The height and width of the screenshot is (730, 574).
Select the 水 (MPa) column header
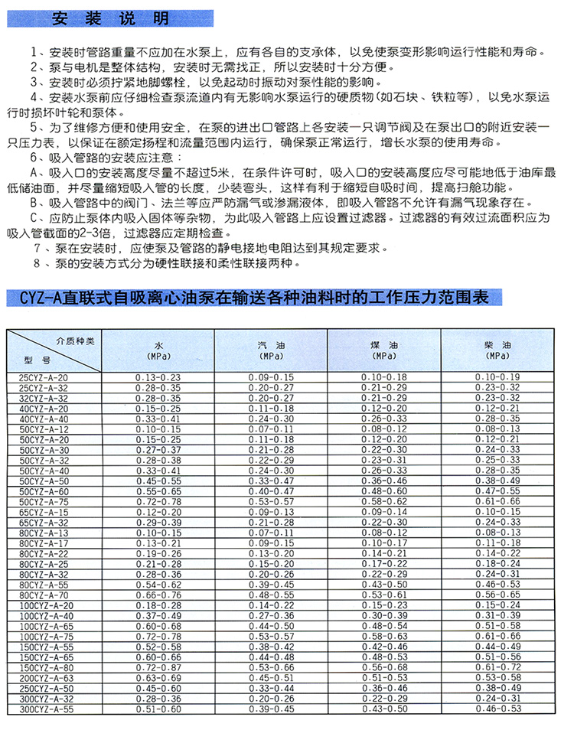pyautogui.click(x=158, y=350)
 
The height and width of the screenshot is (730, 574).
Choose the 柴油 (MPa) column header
pyautogui.click(x=497, y=350)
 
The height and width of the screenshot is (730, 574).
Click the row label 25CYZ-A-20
pyautogui.click(x=44, y=376)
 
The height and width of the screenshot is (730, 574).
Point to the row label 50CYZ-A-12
pyautogui.click(x=44, y=429)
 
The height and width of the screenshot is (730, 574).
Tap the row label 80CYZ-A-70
pyautogui.click(x=44, y=594)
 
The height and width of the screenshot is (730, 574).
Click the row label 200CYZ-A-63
pyautogui.click(x=45, y=677)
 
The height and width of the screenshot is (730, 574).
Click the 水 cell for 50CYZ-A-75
pyautogui.click(x=158, y=500)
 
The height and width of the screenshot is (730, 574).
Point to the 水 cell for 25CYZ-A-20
pyautogui.click(x=158, y=376)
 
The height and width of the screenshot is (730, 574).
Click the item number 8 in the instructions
pyautogui.click(x=36, y=263)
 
